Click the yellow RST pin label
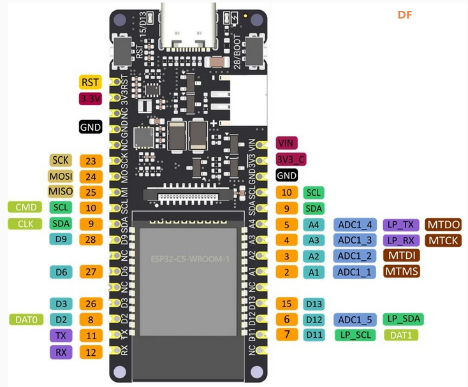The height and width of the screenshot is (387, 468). [x=91, y=82]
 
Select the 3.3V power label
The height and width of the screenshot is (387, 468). [x=91, y=98]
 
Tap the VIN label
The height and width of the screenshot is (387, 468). [x=287, y=143]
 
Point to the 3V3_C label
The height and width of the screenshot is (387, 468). [x=291, y=159]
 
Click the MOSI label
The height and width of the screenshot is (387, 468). [x=61, y=176]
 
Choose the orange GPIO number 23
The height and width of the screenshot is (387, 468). [x=91, y=161]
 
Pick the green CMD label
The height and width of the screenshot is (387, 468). [x=24, y=207]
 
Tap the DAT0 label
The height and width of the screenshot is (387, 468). [x=26, y=319]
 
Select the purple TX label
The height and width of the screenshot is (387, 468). [x=61, y=335]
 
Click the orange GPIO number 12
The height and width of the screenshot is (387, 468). [x=91, y=352]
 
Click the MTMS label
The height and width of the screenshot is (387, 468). [x=402, y=272]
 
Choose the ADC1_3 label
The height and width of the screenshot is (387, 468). [x=354, y=240]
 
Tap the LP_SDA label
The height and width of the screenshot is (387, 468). [x=402, y=318]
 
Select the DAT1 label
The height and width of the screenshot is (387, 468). [x=401, y=335]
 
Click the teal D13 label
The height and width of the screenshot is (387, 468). [x=314, y=304]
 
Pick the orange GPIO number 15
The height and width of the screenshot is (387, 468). [x=287, y=304]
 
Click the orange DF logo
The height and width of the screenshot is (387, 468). [x=405, y=15]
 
